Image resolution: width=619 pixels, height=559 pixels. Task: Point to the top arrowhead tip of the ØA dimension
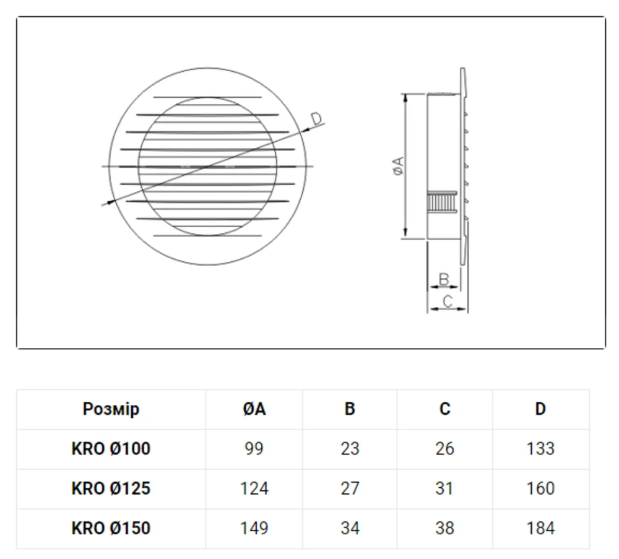(x=405, y=94)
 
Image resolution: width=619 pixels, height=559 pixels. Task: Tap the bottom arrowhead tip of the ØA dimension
(x=405, y=238)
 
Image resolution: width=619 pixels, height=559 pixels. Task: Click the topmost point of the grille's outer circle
(x=207, y=67)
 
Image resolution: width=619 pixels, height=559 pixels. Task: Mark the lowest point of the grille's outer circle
(x=207, y=266)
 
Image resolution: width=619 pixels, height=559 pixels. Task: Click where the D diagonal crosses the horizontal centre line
(x=208, y=167)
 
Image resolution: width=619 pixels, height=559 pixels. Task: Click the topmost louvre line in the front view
(x=207, y=97)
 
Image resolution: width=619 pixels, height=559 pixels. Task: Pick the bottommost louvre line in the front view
(x=207, y=236)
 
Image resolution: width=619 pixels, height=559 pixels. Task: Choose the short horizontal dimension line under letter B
(x=444, y=287)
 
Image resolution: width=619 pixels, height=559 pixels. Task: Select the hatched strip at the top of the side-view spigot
(x=444, y=94)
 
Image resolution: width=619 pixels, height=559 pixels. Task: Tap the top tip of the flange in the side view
(x=463, y=68)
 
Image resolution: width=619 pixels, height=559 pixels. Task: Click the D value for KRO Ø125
(x=540, y=488)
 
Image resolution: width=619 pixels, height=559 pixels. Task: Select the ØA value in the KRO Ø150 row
(x=254, y=529)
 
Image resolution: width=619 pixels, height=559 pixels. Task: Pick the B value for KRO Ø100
(x=350, y=449)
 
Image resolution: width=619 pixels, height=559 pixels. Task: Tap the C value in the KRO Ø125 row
(x=444, y=488)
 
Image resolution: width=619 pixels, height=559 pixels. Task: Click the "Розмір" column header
(x=111, y=409)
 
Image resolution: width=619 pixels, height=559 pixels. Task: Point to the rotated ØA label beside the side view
(x=399, y=166)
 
